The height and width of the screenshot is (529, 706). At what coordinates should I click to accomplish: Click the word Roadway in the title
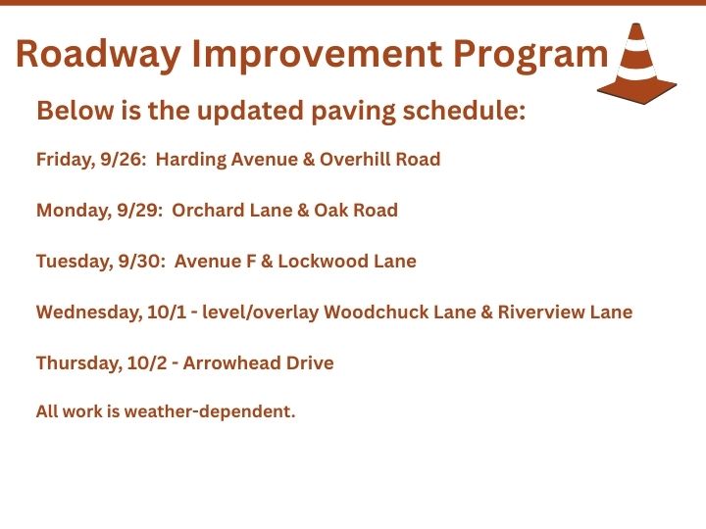[98, 55]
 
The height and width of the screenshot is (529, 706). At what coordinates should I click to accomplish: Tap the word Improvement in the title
[317, 55]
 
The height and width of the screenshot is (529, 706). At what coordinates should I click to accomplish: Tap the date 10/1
[167, 312]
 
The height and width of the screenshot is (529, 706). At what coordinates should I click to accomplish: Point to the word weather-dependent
[210, 411]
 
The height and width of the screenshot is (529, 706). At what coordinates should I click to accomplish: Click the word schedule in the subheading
[464, 110]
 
